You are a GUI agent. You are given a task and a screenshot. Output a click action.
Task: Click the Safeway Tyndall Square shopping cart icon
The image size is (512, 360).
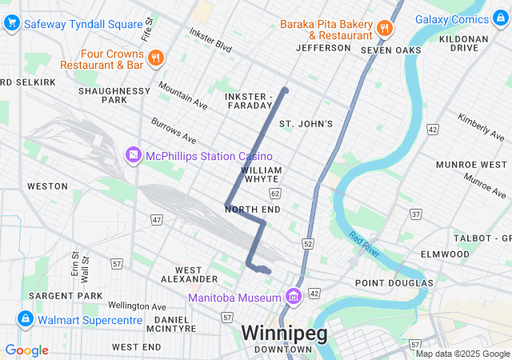[x=11, y=24]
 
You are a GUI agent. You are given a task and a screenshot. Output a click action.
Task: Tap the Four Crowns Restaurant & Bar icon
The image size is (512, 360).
[x=155, y=57]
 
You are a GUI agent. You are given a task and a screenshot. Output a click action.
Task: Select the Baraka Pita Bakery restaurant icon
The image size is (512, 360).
[x=385, y=29]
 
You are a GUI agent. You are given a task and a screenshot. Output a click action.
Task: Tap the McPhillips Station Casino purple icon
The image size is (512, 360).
[x=133, y=154]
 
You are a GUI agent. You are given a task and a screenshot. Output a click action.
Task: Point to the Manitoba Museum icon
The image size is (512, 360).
[x=293, y=298]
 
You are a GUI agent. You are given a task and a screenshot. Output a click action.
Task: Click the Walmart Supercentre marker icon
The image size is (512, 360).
[x=25, y=320]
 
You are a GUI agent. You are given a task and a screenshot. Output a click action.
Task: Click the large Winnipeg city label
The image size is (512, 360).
[x=284, y=333]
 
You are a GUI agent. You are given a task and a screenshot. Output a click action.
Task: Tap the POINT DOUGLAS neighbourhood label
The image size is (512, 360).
[x=394, y=282]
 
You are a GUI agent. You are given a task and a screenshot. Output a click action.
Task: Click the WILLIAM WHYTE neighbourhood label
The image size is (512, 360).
[x=262, y=175]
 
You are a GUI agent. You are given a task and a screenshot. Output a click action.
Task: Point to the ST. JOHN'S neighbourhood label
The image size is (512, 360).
[x=305, y=124]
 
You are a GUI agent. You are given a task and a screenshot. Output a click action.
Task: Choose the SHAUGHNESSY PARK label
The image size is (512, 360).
[x=114, y=95]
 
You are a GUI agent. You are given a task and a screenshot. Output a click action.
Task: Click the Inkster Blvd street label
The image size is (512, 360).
[x=210, y=41]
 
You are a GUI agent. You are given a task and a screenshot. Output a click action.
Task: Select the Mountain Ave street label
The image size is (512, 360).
[x=182, y=94]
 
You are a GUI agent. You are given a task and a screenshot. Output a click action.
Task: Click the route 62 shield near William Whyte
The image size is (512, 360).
[x=276, y=194]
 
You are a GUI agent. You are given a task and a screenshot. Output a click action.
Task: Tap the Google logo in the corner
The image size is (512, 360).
[x=26, y=350]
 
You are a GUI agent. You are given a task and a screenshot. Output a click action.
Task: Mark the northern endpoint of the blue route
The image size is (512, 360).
[x=285, y=90]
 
